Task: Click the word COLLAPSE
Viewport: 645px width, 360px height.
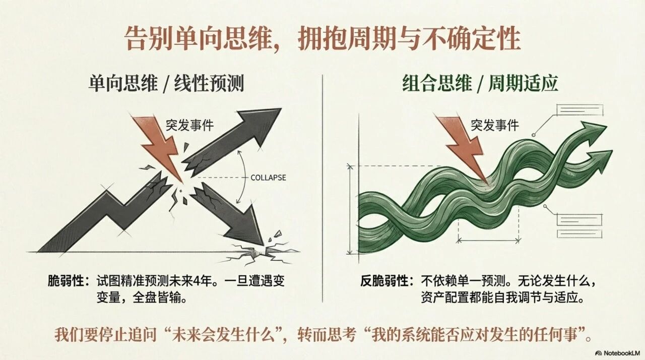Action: click(x=269, y=177)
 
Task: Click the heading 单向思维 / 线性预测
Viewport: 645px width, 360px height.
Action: click(x=166, y=84)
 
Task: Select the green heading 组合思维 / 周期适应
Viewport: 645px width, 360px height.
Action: click(x=480, y=84)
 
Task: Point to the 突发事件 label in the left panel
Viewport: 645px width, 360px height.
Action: click(x=189, y=125)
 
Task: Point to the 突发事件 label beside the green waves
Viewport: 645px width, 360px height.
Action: click(x=495, y=125)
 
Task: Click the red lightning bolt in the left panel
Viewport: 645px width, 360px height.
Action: click(x=159, y=147)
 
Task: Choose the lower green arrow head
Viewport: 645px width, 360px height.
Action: click(x=599, y=160)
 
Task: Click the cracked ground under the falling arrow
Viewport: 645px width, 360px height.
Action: click(x=259, y=254)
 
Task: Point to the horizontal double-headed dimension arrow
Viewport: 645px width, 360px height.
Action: click(x=488, y=239)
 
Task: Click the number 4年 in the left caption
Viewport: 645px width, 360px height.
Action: click(x=205, y=281)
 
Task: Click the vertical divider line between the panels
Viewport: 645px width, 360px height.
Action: click(x=322, y=189)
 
